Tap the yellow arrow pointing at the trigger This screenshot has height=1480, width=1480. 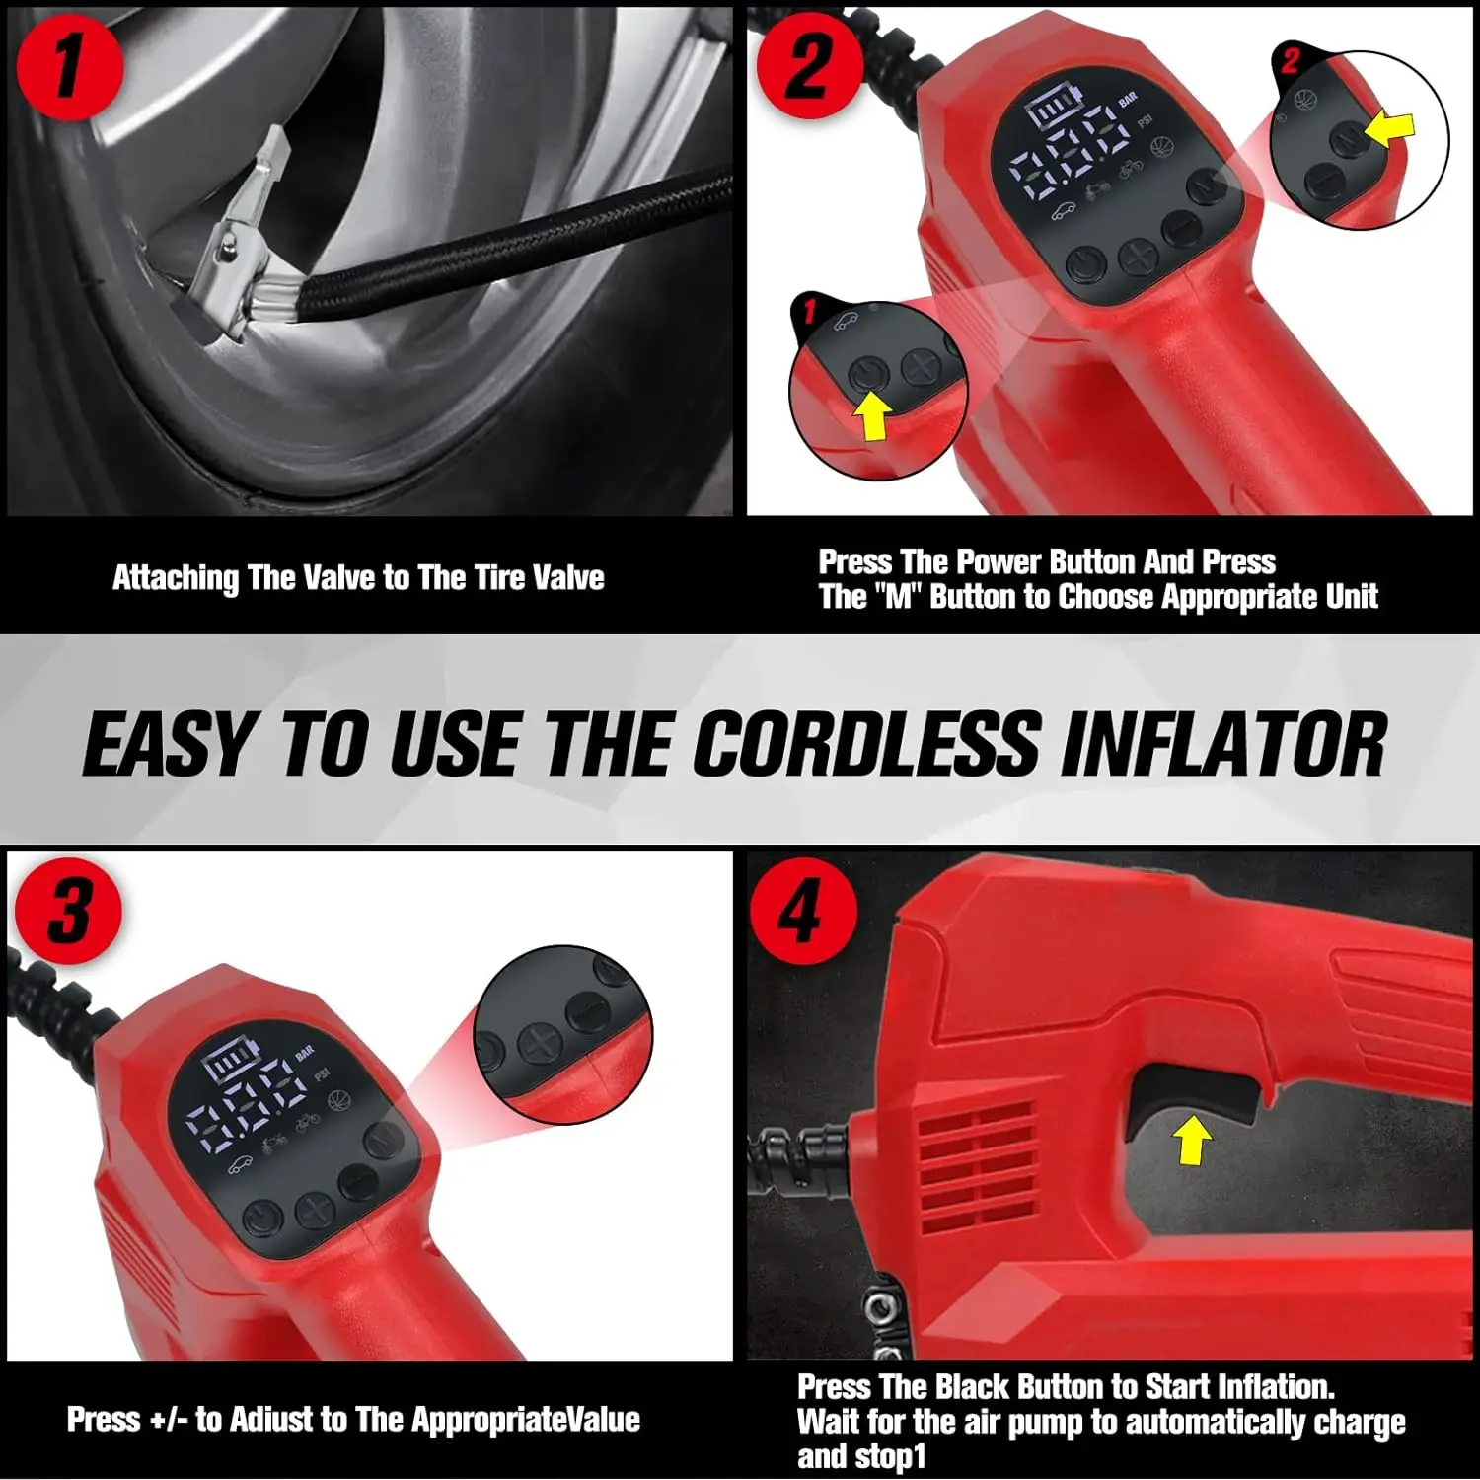[1192, 1141]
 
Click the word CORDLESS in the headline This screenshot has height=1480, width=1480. [865, 744]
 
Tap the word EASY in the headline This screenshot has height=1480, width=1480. [168, 744]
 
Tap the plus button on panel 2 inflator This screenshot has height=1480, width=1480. [1137, 258]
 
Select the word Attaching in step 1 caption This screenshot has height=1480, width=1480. [175, 578]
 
